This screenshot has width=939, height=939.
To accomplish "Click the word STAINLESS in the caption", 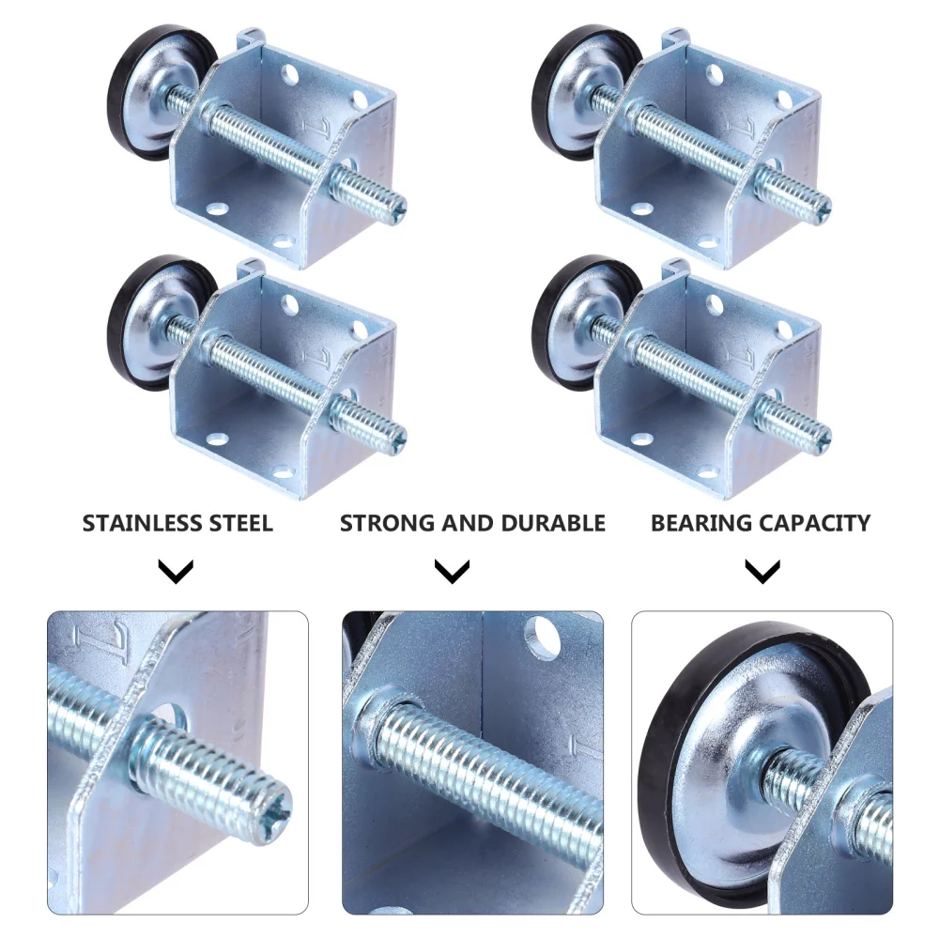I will click(x=133, y=523).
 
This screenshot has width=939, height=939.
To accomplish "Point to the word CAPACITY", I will click(x=818, y=523).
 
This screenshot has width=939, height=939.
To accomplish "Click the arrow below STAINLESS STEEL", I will click(x=176, y=571).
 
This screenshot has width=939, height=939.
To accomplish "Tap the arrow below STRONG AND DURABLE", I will click(x=453, y=571).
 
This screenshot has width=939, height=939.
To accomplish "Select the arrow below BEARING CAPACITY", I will click(x=762, y=571).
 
